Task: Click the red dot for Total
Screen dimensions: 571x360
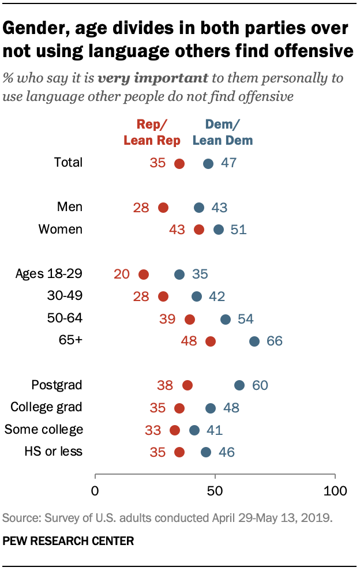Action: (x=179, y=163)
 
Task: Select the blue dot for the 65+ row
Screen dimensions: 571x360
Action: (x=254, y=341)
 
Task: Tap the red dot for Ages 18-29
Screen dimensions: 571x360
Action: (x=143, y=275)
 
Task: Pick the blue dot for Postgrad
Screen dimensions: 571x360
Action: (x=239, y=385)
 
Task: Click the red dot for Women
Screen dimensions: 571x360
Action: (x=198, y=230)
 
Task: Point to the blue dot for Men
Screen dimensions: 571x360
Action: (x=198, y=208)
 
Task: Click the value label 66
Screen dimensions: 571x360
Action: (x=274, y=341)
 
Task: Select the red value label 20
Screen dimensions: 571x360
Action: (x=122, y=274)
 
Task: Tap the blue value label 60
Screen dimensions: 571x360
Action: (x=260, y=385)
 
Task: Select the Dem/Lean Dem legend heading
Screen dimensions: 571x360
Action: (x=222, y=132)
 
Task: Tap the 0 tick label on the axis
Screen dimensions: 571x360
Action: (x=95, y=491)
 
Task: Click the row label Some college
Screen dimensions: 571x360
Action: (x=44, y=429)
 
